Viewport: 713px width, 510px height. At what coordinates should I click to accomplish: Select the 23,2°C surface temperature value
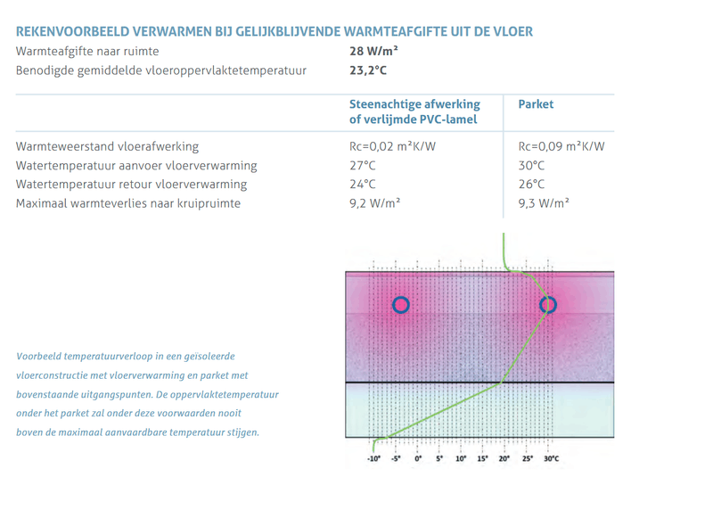coord(368,70)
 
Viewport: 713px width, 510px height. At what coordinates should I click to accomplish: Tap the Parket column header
coord(536,104)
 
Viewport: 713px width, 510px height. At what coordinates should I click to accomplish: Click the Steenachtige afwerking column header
coord(414,111)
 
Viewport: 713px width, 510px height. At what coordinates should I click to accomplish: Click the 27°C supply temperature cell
coord(363,166)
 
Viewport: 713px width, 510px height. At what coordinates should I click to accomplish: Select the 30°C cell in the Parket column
coord(531,166)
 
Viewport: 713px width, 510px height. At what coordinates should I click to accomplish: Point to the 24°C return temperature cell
coord(363,185)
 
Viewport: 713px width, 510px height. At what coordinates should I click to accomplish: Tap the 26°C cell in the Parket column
coord(531,185)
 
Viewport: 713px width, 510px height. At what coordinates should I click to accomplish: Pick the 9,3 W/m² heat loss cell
coord(544,203)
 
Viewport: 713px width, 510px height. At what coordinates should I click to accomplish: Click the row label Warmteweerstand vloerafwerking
coord(107,146)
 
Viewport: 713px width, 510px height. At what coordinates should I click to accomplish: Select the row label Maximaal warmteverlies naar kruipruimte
coord(128,203)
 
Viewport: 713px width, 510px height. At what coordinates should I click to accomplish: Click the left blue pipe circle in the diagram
coord(400,304)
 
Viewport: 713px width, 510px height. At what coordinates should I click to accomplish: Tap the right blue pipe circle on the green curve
coord(548,305)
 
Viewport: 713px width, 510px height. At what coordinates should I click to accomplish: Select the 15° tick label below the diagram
coord(483,458)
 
